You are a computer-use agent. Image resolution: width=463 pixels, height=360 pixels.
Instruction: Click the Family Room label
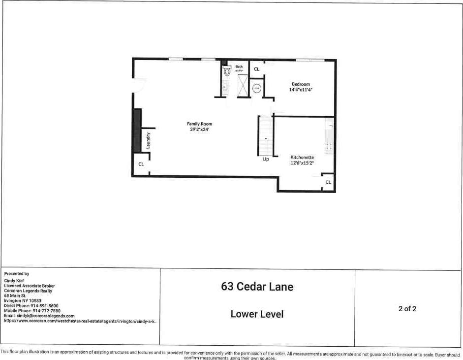[199, 124]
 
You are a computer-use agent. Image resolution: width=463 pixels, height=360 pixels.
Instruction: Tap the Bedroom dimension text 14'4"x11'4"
[301, 90]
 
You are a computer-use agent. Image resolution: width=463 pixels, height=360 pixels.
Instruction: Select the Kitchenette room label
[302, 157]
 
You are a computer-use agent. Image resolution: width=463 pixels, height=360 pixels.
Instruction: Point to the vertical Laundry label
[148, 141]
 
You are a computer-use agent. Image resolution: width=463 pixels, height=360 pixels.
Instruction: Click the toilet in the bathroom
[227, 71]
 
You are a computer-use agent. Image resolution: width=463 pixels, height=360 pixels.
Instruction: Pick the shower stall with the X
[244, 86]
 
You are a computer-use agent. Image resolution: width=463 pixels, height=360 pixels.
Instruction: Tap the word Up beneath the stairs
[266, 160]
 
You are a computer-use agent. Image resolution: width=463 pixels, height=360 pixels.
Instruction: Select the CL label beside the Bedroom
[256, 69]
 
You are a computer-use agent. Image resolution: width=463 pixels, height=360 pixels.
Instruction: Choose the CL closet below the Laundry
[141, 164]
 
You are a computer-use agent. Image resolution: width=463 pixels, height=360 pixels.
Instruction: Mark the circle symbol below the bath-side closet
[257, 89]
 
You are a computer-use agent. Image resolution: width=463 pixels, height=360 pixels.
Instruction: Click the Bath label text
[239, 66]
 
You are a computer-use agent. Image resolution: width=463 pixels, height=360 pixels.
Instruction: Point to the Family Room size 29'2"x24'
[199, 130]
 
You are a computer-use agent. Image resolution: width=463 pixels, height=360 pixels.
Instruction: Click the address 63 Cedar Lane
[257, 286]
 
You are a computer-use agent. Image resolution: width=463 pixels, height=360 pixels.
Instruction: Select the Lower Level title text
[257, 314]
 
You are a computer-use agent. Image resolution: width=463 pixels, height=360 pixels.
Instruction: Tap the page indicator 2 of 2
[407, 309]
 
